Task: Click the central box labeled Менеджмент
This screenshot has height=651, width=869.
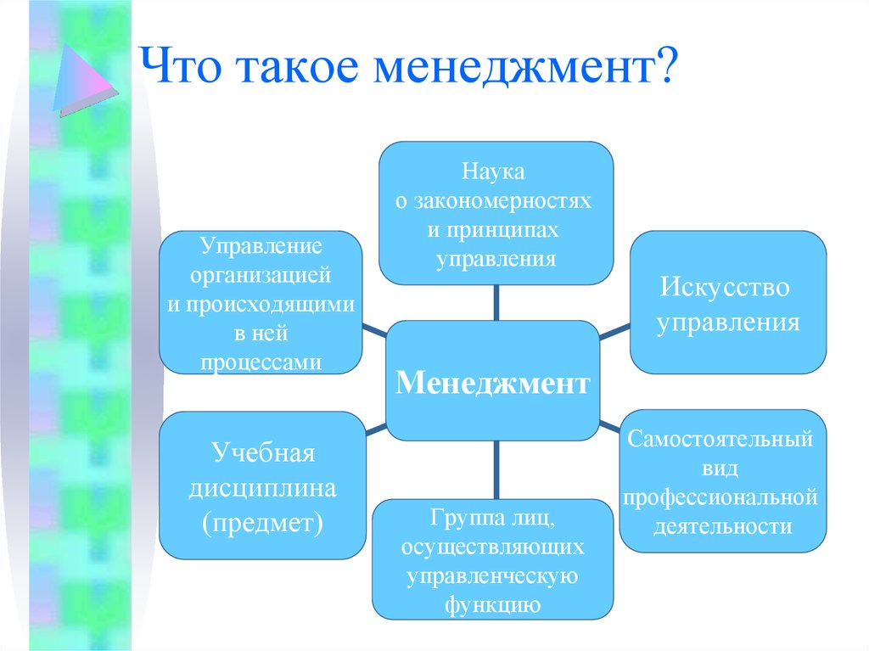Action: [493, 380]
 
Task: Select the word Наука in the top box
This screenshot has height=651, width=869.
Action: [493, 171]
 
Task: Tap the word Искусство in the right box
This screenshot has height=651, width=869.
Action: [725, 287]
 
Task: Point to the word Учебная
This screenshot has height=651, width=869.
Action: [263, 453]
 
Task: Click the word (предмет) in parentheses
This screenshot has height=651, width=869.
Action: [263, 523]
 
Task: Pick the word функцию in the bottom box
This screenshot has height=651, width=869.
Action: [493, 603]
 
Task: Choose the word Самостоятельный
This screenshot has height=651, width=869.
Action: [720, 439]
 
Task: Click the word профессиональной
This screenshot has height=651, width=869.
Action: [720, 497]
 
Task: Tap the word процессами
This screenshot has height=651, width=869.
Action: [261, 362]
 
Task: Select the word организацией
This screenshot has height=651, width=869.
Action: [261, 275]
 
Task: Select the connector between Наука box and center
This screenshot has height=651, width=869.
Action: [496, 303]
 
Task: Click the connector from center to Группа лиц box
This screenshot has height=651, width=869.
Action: [496, 470]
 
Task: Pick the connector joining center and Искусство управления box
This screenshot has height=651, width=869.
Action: [614, 332]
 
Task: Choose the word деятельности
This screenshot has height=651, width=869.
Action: [722, 526]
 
